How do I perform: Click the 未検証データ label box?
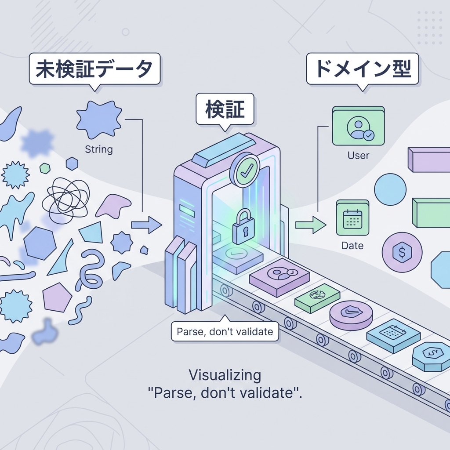[94, 69]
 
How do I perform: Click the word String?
[98, 149]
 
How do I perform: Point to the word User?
[358, 155]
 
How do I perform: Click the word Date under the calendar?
[352, 246]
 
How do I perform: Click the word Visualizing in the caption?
[225, 375]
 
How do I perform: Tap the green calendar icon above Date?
[352, 218]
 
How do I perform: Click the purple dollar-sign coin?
[402, 252]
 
